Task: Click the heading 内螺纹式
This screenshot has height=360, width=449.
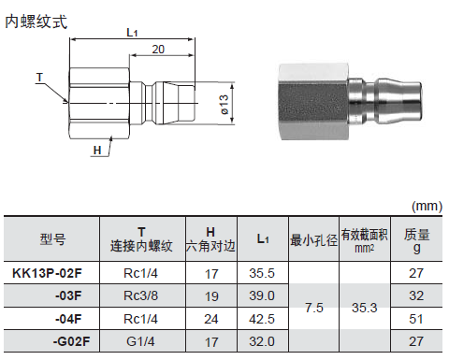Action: click(36, 22)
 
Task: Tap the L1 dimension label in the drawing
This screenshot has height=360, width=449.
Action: click(132, 33)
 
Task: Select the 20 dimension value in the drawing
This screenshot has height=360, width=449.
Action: click(158, 50)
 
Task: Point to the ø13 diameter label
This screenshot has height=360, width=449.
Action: click(224, 105)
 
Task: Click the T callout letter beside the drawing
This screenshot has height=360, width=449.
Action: click(39, 78)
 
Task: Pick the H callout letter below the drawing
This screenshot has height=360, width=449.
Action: click(97, 151)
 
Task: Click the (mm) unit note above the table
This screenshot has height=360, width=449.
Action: click(427, 207)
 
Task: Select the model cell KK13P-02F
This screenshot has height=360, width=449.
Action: click(47, 273)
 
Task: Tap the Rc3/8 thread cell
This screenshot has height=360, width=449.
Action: click(140, 295)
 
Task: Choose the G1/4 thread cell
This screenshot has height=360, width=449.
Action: click(140, 341)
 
